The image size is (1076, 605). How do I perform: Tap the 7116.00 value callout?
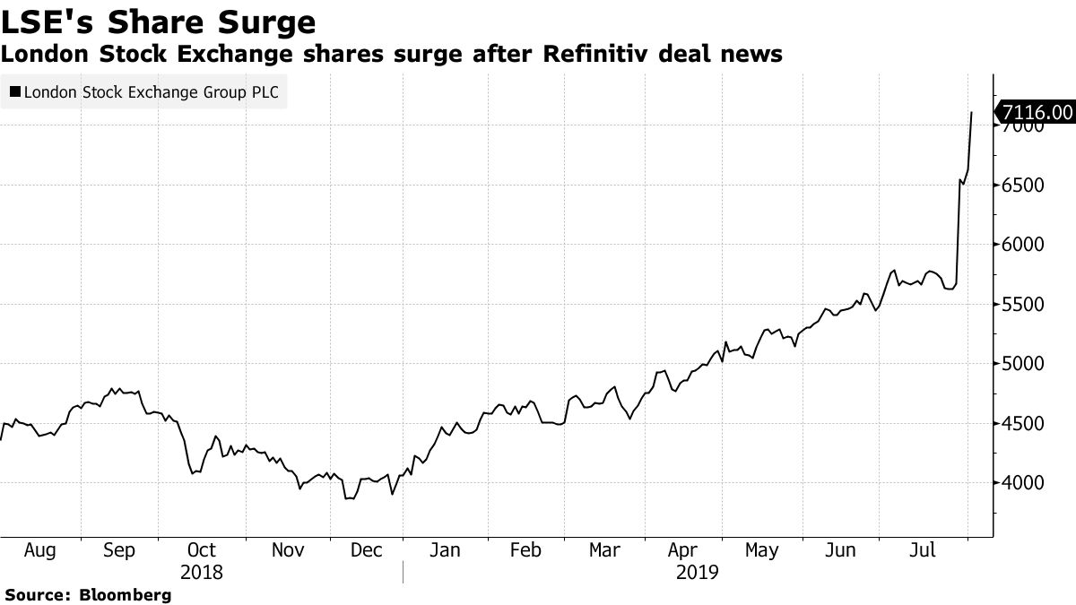[1035, 112]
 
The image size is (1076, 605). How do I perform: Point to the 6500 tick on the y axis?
[1024, 186]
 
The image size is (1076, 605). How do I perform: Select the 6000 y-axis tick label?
[1024, 245]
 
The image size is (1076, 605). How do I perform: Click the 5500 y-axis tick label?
[1024, 305]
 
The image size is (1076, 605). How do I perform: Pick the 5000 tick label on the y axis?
[1024, 364]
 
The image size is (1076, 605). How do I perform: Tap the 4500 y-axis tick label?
[1024, 423]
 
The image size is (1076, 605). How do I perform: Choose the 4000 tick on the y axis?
[1024, 483]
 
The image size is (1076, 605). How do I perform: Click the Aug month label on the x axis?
[40, 549]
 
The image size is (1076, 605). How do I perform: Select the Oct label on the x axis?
[202, 549]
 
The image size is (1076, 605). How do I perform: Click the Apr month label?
[683, 549]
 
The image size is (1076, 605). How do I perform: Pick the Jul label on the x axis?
[922, 549]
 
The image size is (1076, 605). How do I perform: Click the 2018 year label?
[202, 572]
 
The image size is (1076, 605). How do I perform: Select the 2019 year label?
[697, 572]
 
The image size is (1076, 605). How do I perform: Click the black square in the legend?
[14, 91]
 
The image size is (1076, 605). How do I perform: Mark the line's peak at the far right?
[972, 112]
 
